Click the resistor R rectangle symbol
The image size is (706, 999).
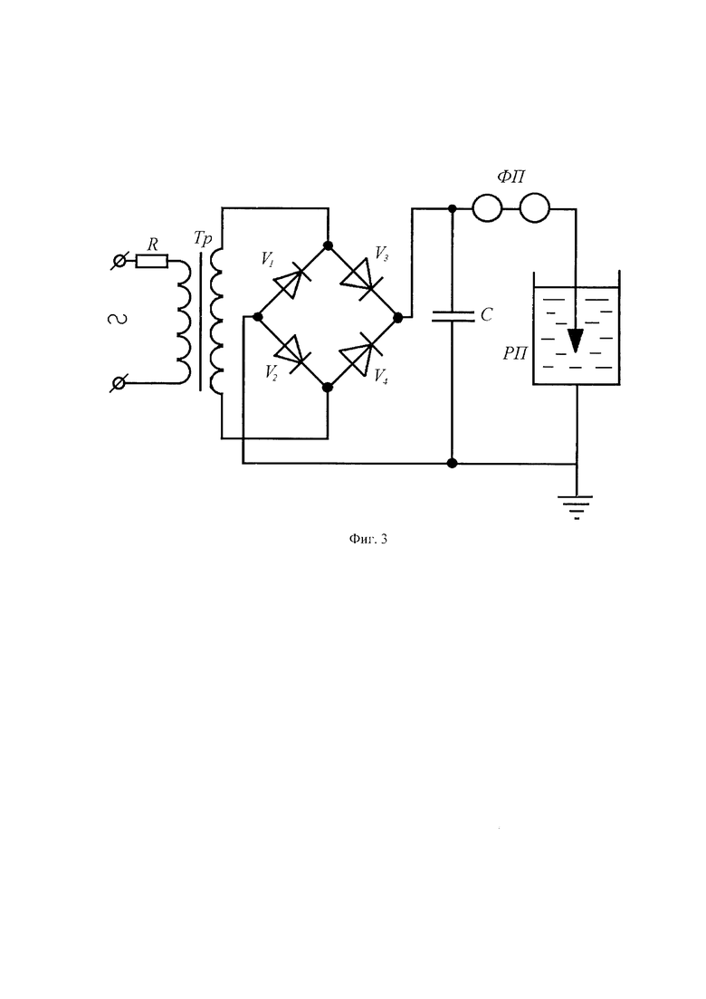point(152,261)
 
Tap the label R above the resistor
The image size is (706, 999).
point(153,244)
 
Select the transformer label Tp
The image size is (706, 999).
point(203,239)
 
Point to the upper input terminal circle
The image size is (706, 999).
point(119,261)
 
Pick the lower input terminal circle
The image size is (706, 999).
point(119,383)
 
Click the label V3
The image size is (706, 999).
point(382,255)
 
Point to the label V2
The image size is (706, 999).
point(272,372)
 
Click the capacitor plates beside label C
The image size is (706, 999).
point(453,316)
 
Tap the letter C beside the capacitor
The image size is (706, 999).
point(486,314)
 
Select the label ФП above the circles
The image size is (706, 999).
point(511,177)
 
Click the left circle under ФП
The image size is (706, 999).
point(488,209)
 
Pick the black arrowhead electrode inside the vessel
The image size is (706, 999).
point(576,341)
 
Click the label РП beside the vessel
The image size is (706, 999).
point(515,353)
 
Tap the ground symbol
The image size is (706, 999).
point(577,507)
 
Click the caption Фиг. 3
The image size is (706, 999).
point(368,539)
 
